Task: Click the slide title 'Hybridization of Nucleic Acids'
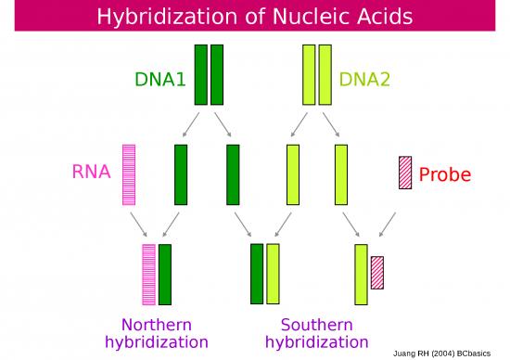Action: pyautogui.click(x=255, y=17)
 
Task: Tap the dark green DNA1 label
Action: pyautogui.click(x=161, y=79)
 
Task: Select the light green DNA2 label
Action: pyautogui.click(x=364, y=79)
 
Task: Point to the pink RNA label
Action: pyautogui.click(x=92, y=172)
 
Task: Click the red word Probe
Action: pyautogui.click(x=445, y=174)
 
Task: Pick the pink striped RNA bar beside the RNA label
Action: pyautogui.click(x=129, y=174)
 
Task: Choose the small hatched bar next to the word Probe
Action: pyautogui.click(x=405, y=173)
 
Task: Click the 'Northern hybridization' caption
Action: pyautogui.click(x=157, y=333)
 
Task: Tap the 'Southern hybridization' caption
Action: pyautogui.click(x=316, y=333)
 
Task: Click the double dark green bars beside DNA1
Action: pyautogui.click(x=209, y=74)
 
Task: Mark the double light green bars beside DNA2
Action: pyautogui.click(x=317, y=74)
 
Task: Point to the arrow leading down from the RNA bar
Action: pyautogui.click(x=138, y=224)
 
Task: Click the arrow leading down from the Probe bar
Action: pyautogui.click(x=388, y=224)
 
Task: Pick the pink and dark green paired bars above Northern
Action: pyautogui.click(x=157, y=274)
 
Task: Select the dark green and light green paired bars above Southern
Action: pyautogui.click(x=264, y=274)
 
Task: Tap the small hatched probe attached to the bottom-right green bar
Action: pyautogui.click(x=377, y=272)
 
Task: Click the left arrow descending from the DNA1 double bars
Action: pyautogui.click(x=190, y=123)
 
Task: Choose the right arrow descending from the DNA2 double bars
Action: pyautogui.click(x=331, y=123)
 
